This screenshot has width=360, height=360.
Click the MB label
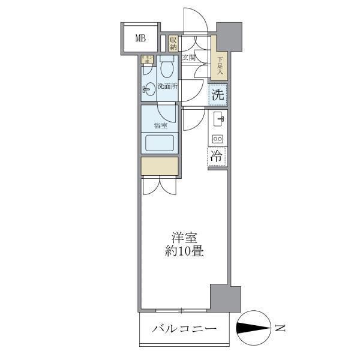point(140,39)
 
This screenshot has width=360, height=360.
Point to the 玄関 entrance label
point(189,58)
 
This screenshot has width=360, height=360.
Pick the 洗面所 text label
point(167,86)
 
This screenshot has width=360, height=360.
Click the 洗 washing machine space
point(218,94)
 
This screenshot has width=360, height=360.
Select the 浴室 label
point(160,126)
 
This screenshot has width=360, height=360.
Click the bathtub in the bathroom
point(160,143)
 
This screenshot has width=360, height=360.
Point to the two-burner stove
point(217,139)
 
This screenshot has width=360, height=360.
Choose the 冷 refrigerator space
point(217,155)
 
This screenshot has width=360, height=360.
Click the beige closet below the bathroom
point(160,166)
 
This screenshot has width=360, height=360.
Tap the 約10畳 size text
point(185,251)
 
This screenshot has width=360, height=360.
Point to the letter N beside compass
point(280,328)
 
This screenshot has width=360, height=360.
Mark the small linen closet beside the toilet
point(145,59)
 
